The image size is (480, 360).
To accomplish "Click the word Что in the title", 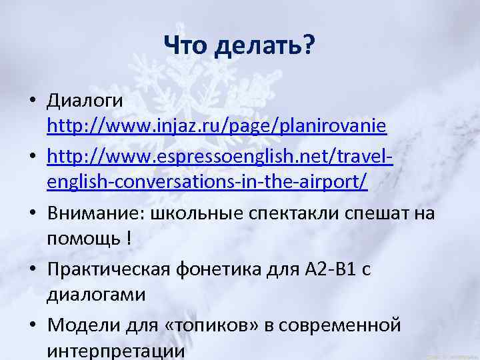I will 187,45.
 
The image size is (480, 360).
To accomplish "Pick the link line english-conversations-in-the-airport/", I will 207,183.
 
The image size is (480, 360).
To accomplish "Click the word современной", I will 340,326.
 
